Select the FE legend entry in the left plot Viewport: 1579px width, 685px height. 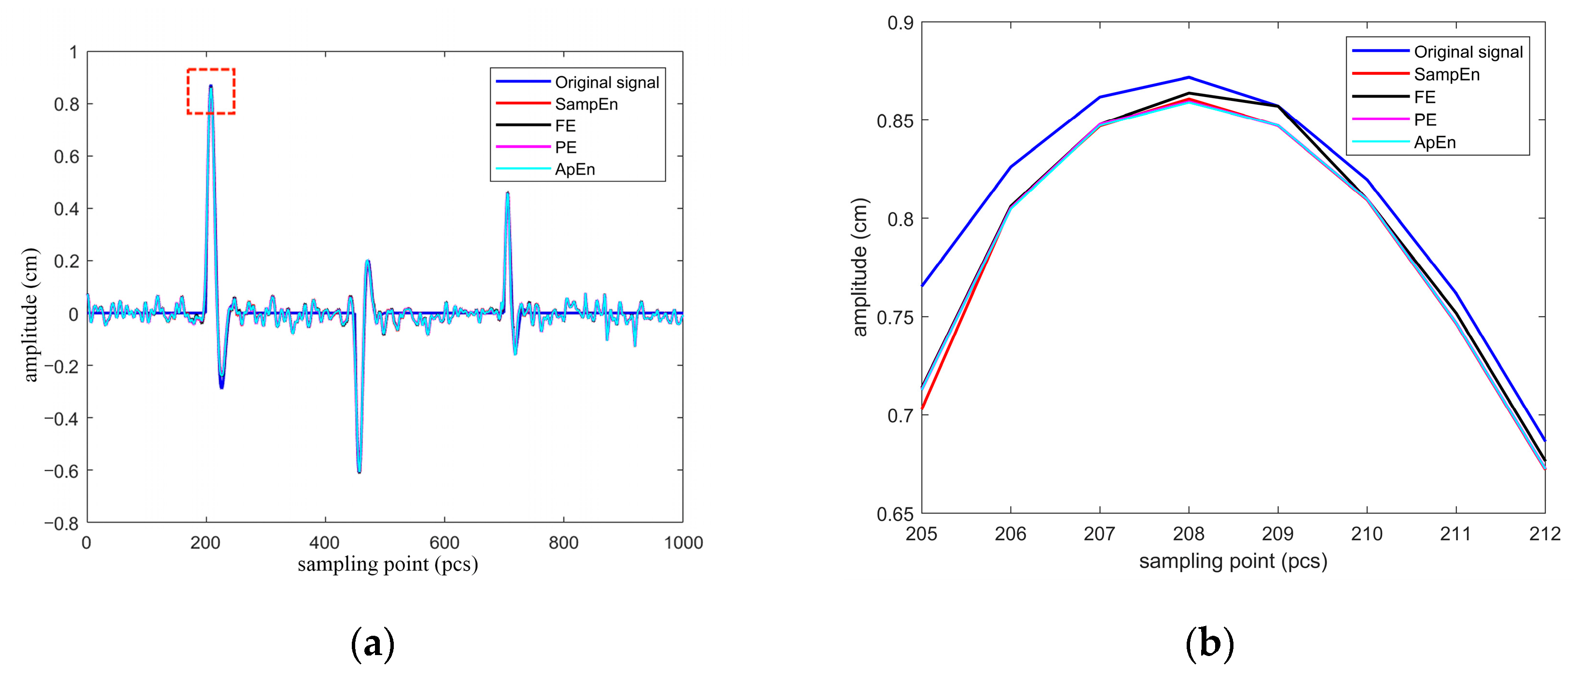[x=565, y=126]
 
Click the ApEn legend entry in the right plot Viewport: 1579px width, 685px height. [x=1434, y=142]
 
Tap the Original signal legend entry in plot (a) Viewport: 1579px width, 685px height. [x=606, y=82]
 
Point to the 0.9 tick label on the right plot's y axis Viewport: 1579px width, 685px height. [x=900, y=23]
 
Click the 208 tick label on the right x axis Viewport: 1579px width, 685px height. [x=1189, y=534]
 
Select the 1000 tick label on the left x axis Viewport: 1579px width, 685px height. [x=683, y=543]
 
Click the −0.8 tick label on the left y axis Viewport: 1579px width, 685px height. [x=61, y=523]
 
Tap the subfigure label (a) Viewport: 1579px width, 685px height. [x=372, y=644]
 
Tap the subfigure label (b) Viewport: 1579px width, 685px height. [x=1209, y=644]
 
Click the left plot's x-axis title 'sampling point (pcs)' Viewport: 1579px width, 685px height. [x=388, y=564]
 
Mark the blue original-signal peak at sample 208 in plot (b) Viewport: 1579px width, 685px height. [x=1189, y=77]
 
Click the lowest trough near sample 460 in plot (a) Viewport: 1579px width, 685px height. [x=359, y=471]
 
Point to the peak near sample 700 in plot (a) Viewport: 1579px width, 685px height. [x=508, y=193]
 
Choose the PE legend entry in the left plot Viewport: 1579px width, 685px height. [x=565, y=147]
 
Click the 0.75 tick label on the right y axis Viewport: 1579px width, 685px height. [x=894, y=318]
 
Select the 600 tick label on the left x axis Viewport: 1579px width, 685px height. [x=444, y=543]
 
